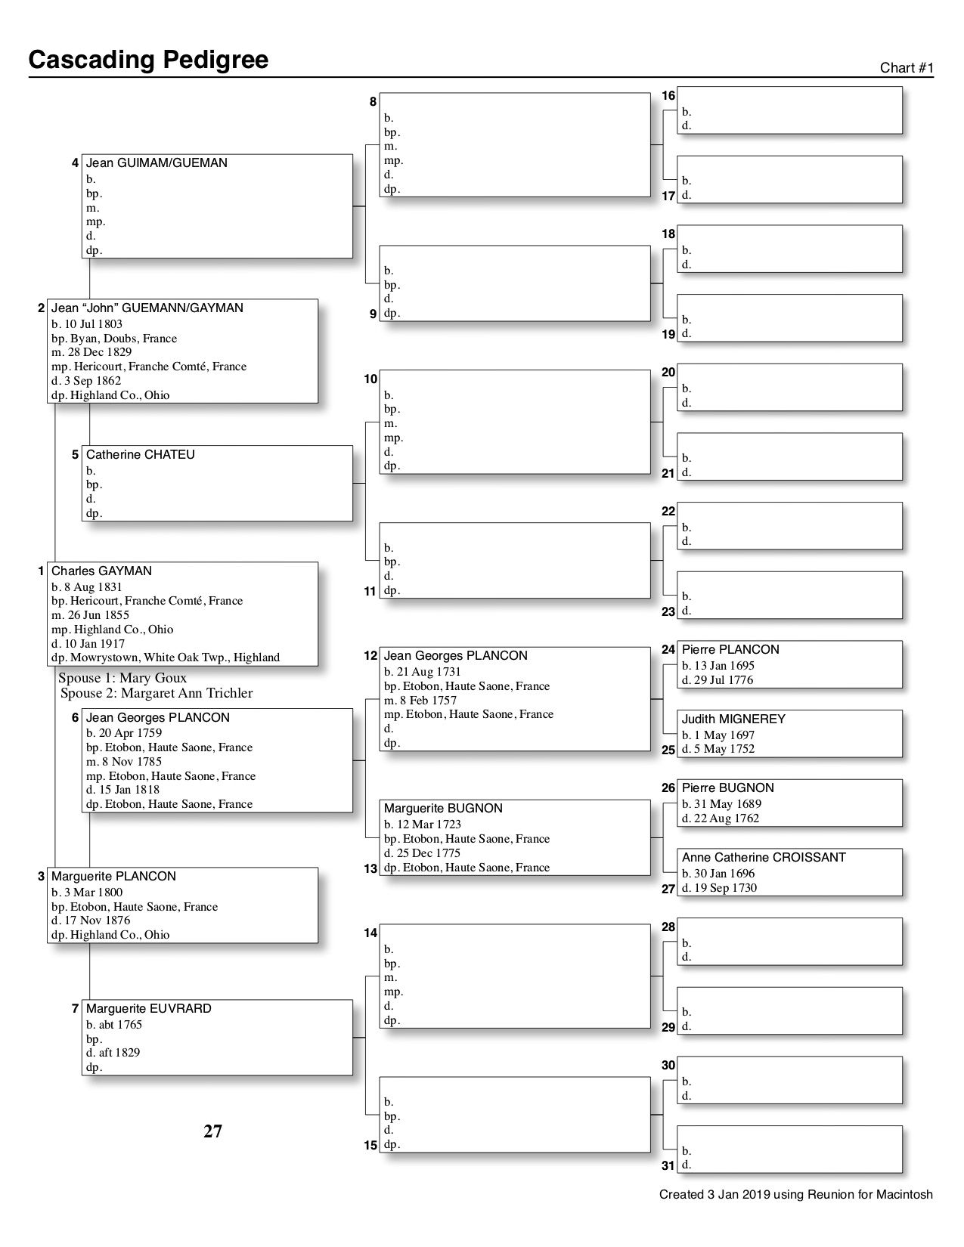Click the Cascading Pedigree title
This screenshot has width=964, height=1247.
pyautogui.click(x=148, y=60)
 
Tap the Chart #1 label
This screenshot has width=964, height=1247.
pyautogui.click(x=907, y=68)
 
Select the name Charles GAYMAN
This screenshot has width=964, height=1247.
pyautogui.click(x=101, y=571)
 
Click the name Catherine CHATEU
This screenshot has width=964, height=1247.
pyautogui.click(x=140, y=454)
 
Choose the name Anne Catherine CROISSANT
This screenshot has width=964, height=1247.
pyautogui.click(x=763, y=857)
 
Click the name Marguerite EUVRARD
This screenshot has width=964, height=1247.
pyautogui.click(x=148, y=1008)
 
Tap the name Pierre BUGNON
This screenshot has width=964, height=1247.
pyautogui.click(x=727, y=787)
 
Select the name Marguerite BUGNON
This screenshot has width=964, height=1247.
pyautogui.click(x=443, y=808)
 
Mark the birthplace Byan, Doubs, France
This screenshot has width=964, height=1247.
pyautogui.click(x=123, y=339)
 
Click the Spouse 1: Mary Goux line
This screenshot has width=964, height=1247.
pyautogui.click(x=122, y=678)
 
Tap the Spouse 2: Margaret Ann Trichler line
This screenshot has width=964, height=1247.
pyautogui.click(x=157, y=693)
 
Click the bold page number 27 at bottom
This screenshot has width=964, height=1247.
pyautogui.click(x=212, y=1131)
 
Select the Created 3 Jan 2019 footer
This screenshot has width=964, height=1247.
pyautogui.click(x=795, y=1195)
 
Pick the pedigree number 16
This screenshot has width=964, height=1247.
pyautogui.click(x=668, y=96)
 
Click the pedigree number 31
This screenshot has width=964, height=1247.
pyautogui.click(x=668, y=1165)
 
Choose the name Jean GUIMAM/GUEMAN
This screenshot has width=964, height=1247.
pyautogui.click(x=157, y=162)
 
